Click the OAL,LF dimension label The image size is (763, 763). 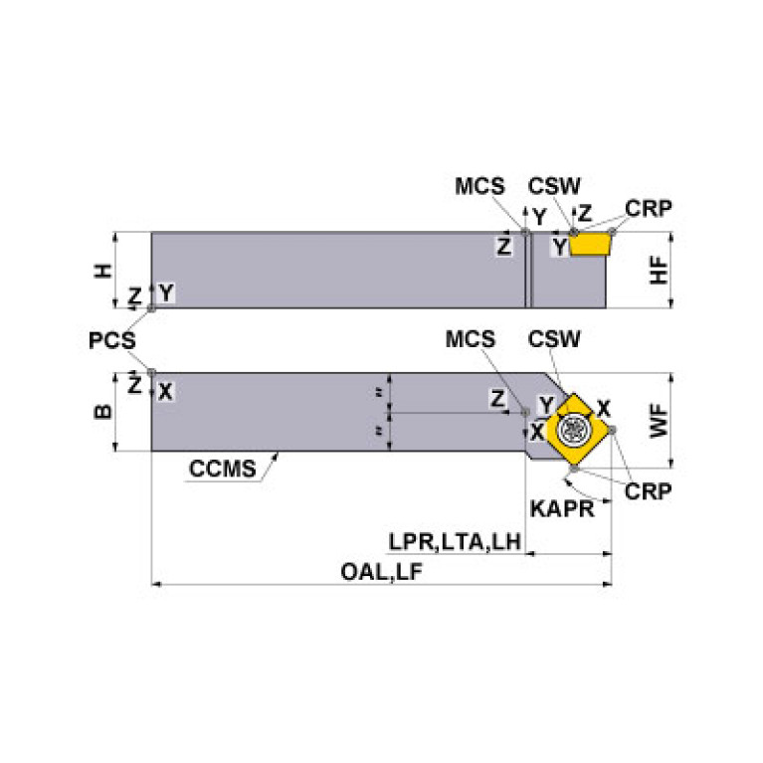381,570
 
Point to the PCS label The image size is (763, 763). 111,340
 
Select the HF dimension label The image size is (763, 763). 659,270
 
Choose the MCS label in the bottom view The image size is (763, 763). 471,339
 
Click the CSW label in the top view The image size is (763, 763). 554,186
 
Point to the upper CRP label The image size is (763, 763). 649,208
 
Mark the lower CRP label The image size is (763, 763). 648,491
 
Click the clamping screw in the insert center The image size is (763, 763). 573,429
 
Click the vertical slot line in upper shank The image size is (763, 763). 529,271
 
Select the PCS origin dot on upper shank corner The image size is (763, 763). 151,308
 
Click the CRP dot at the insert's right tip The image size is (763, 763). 613,429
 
